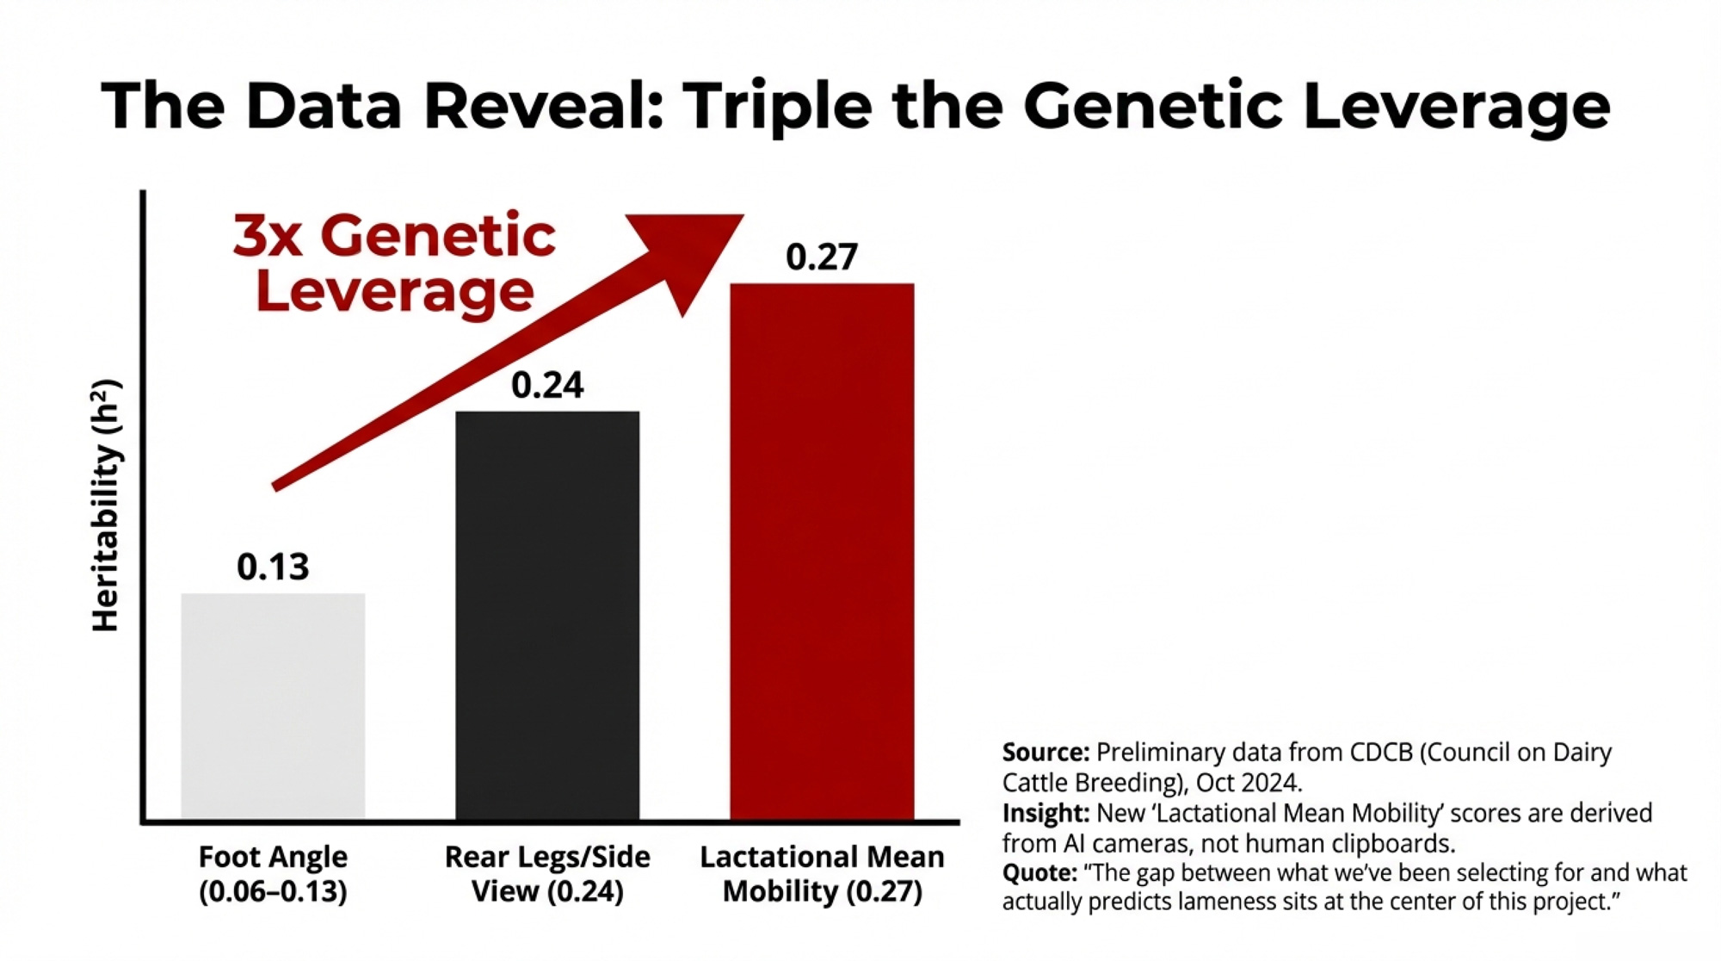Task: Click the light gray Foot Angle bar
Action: coord(273,706)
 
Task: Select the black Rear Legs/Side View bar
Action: coord(547,616)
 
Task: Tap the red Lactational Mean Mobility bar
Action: coord(822,551)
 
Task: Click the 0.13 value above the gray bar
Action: coord(273,567)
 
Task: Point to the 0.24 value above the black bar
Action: coord(547,385)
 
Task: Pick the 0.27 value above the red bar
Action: coord(822,257)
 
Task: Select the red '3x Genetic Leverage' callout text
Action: coord(395,263)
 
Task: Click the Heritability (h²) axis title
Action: coord(106,506)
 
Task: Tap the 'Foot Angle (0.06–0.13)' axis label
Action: coord(273,874)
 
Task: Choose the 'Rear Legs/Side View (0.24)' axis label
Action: coord(547,874)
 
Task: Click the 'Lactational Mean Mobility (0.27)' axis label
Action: coord(822,874)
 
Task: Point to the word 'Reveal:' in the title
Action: coord(543,106)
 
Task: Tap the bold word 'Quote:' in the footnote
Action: coord(1039,873)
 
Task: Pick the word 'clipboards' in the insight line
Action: coord(1391,843)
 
